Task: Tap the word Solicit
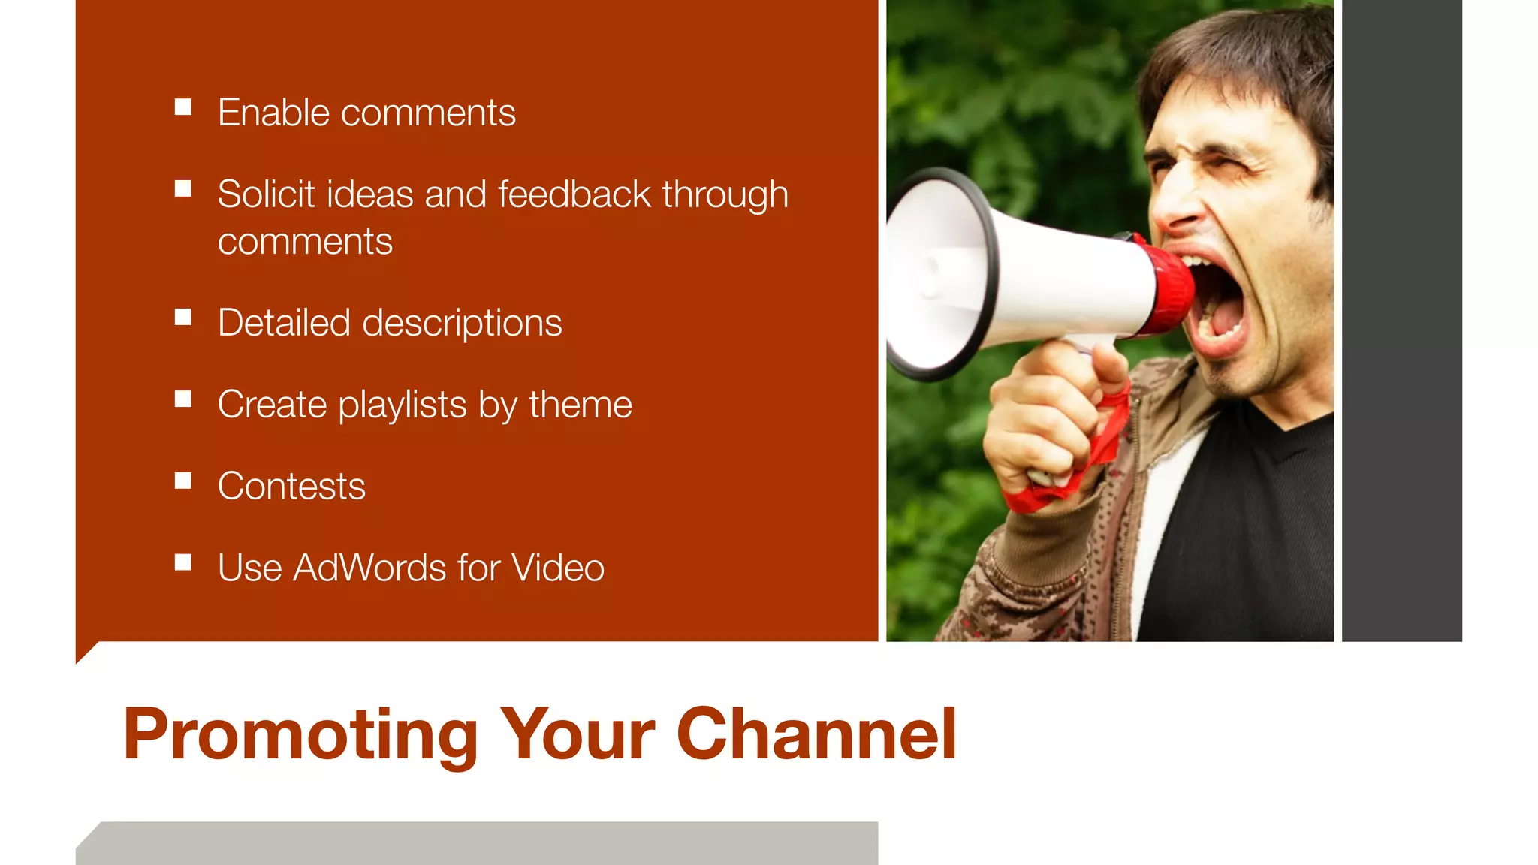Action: [266, 194]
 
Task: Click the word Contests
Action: [291, 486]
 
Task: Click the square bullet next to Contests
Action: [183, 481]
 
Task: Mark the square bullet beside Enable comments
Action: [183, 107]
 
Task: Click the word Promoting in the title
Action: [300, 736]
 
